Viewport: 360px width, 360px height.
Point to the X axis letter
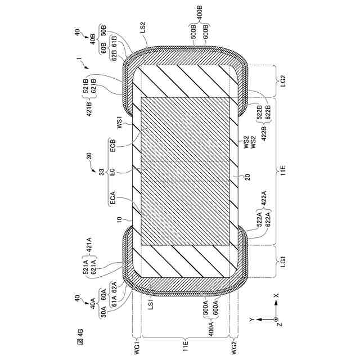click(276, 295)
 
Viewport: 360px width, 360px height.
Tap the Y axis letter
click(251, 319)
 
